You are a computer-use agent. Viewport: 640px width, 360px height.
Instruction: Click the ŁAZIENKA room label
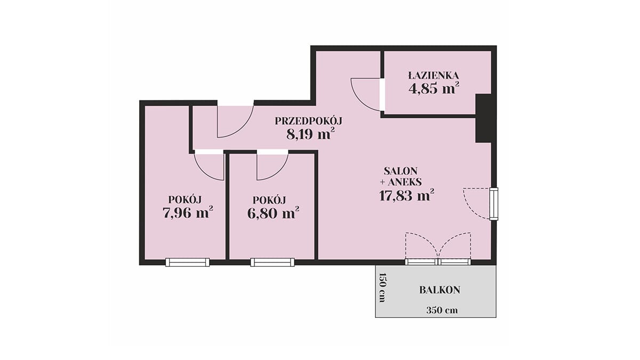point(434,75)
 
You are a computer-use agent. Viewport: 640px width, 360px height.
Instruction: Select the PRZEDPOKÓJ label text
point(309,121)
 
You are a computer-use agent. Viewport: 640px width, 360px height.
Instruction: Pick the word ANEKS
point(405,182)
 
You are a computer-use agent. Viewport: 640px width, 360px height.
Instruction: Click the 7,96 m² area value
point(188,212)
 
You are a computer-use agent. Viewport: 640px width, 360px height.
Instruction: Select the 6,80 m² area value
point(273,213)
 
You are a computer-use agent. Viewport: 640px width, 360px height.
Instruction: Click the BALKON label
point(439,290)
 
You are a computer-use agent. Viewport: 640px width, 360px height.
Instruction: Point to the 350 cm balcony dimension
point(442,310)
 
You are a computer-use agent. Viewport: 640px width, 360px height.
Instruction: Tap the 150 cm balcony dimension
point(382,287)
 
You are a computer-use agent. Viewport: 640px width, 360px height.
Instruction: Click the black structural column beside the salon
point(483,118)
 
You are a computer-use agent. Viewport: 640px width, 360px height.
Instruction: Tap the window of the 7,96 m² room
point(187,262)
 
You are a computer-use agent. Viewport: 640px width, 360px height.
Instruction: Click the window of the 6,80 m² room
point(273,262)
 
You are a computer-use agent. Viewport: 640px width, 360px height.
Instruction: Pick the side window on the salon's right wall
point(494,204)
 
